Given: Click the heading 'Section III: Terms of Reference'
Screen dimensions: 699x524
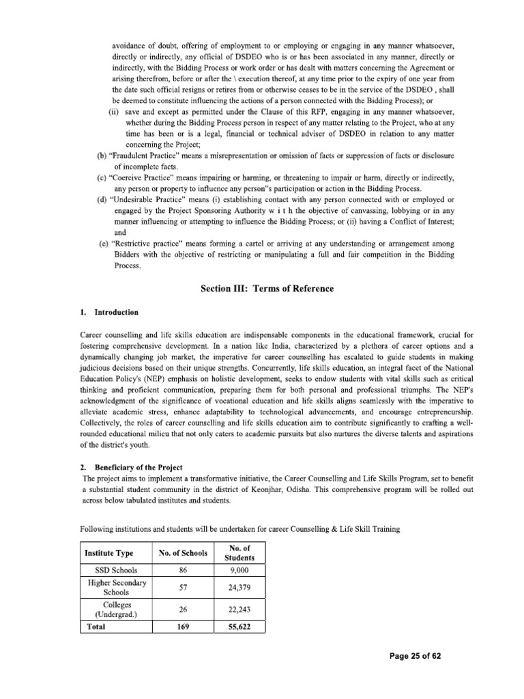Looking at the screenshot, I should [x=267, y=289].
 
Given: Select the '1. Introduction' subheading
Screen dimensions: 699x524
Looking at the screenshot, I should [x=109, y=313].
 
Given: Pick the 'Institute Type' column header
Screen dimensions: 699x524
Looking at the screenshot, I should [x=108, y=552].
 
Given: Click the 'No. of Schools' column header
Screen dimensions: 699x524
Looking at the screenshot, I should [x=181, y=552].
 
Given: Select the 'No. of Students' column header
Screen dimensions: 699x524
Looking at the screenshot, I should [x=234, y=552].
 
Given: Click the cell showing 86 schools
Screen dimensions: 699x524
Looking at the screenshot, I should [x=181, y=570].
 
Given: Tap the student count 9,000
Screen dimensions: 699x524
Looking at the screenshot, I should [x=234, y=570].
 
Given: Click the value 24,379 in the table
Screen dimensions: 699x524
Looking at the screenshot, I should [x=234, y=588].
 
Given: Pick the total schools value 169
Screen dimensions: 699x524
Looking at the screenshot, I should [x=181, y=627].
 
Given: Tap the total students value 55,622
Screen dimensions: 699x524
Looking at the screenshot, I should [x=234, y=627].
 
